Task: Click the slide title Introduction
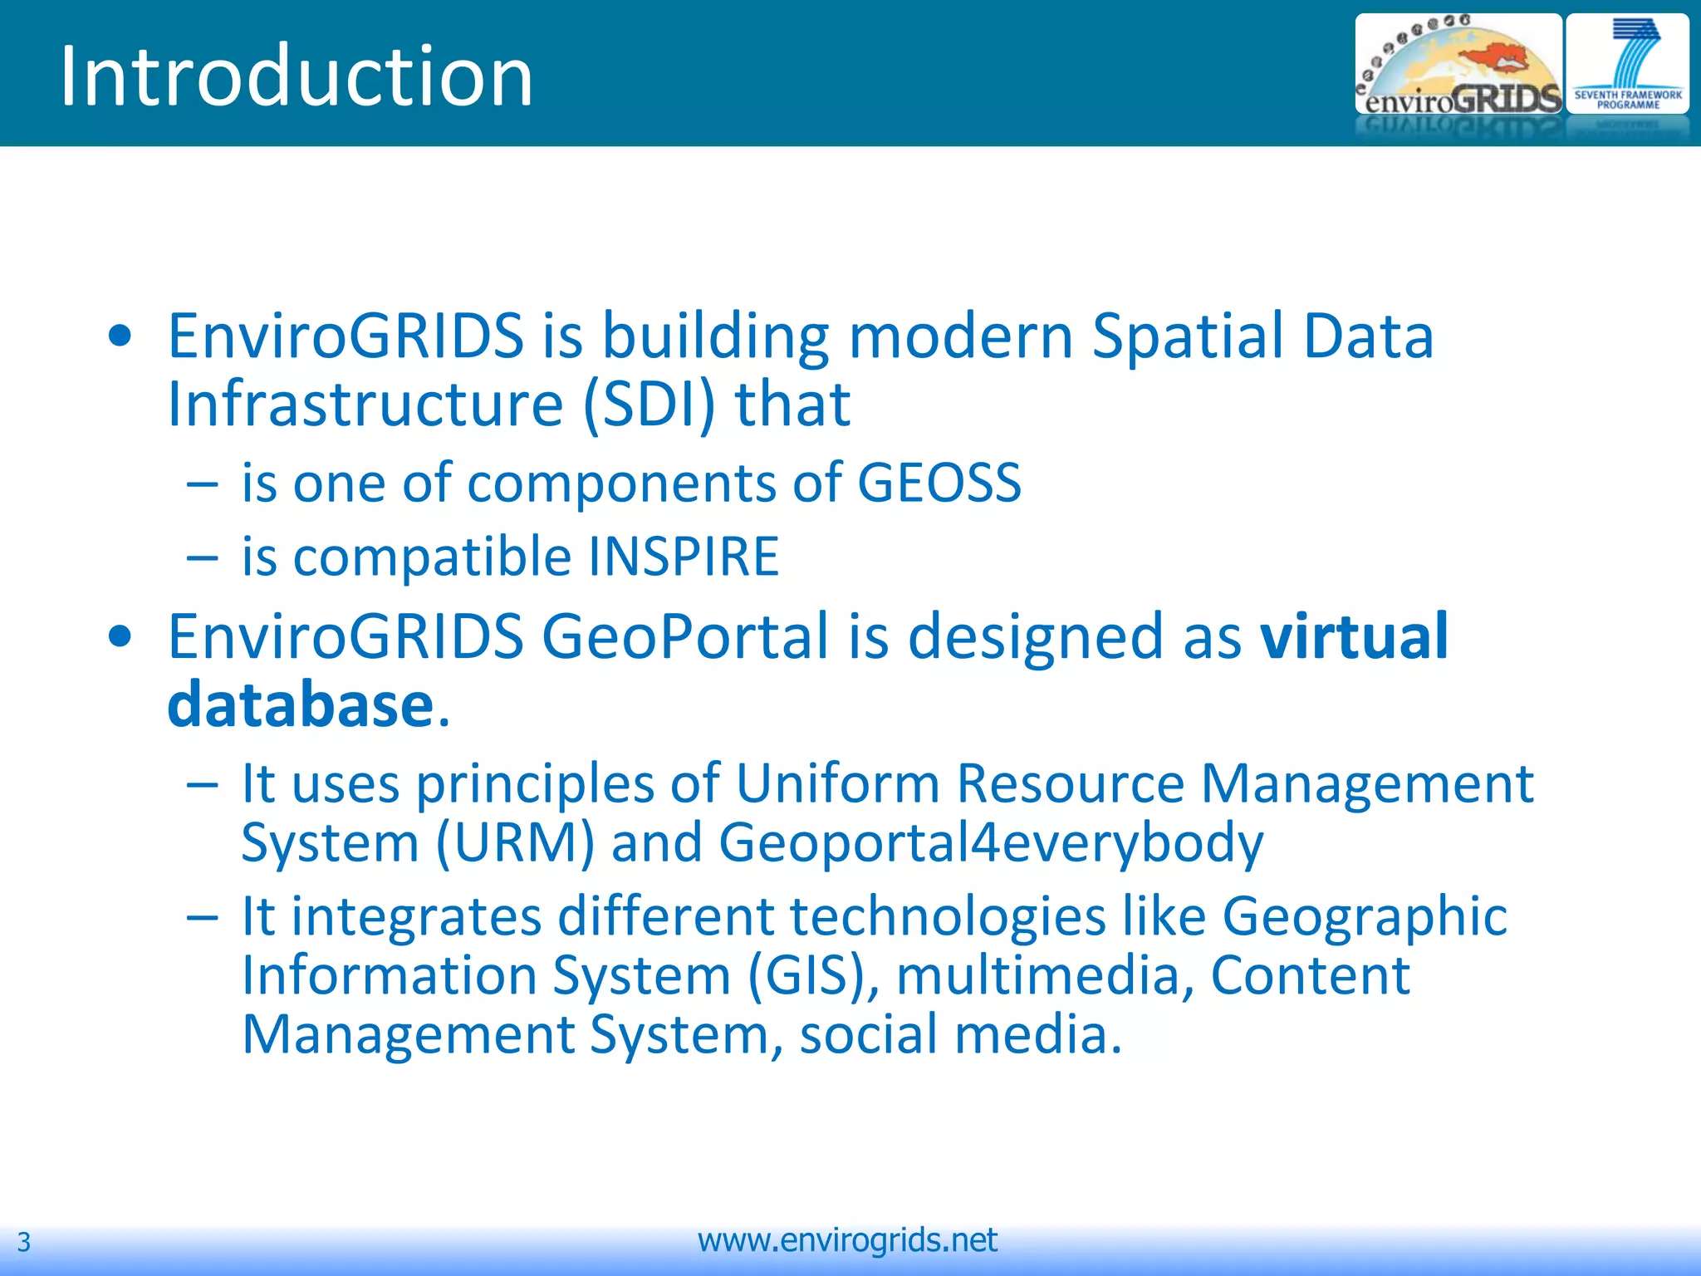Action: pos(297,76)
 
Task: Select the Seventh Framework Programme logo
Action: pos(1627,65)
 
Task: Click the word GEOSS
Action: pos(939,483)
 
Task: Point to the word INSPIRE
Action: pos(684,557)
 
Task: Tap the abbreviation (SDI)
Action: pos(649,405)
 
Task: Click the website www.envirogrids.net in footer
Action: pos(847,1240)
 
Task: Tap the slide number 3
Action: pos(24,1242)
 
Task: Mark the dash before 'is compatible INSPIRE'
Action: pos(203,557)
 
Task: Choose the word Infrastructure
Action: pos(365,405)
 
